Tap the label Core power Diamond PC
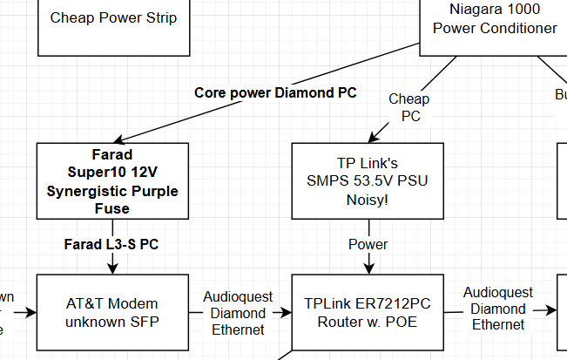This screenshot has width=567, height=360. point(275,92)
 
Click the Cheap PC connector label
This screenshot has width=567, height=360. point(409,107)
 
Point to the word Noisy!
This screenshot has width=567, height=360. point(368,200)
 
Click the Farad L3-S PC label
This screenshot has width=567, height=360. point(111,245)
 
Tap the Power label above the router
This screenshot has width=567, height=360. point(368,244)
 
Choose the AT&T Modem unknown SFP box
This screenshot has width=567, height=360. point(112,312)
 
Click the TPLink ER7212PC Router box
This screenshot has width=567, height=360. point(368,312)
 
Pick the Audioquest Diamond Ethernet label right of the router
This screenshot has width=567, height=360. point(495,309)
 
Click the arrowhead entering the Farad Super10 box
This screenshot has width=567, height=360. point(120,139)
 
